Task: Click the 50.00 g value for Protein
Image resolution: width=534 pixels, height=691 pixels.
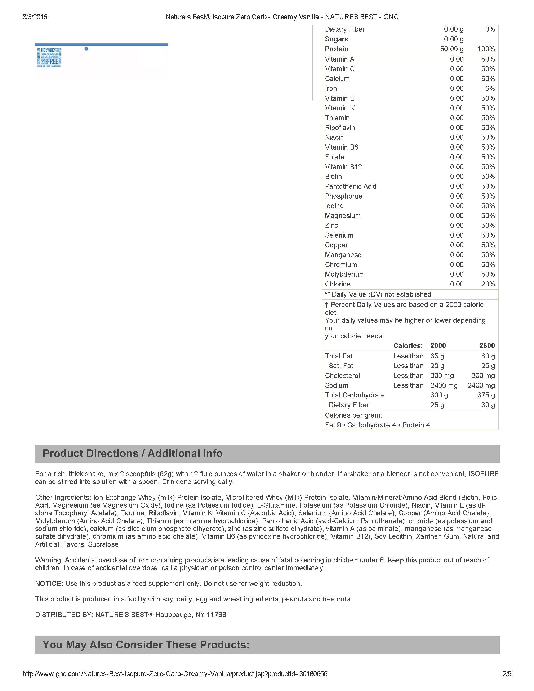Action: pos(452,49)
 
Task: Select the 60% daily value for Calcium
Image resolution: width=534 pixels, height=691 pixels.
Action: pos(488,79)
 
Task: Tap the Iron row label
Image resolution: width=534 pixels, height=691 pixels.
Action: pos(331,89)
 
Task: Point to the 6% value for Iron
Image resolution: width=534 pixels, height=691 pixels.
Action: pos(490,89)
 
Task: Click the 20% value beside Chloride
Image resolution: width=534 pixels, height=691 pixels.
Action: pos(488,284)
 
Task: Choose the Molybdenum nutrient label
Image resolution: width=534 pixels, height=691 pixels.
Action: pos(344,274)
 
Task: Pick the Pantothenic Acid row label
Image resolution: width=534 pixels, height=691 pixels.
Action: pos(351,186)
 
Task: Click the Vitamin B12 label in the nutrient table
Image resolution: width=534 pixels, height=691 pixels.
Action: pos(343,167)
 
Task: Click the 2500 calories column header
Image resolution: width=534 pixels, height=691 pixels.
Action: pos(487,346)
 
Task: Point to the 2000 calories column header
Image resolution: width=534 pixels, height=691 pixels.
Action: pos(438,346)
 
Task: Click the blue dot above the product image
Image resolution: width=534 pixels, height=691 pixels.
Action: pos(86,49)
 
